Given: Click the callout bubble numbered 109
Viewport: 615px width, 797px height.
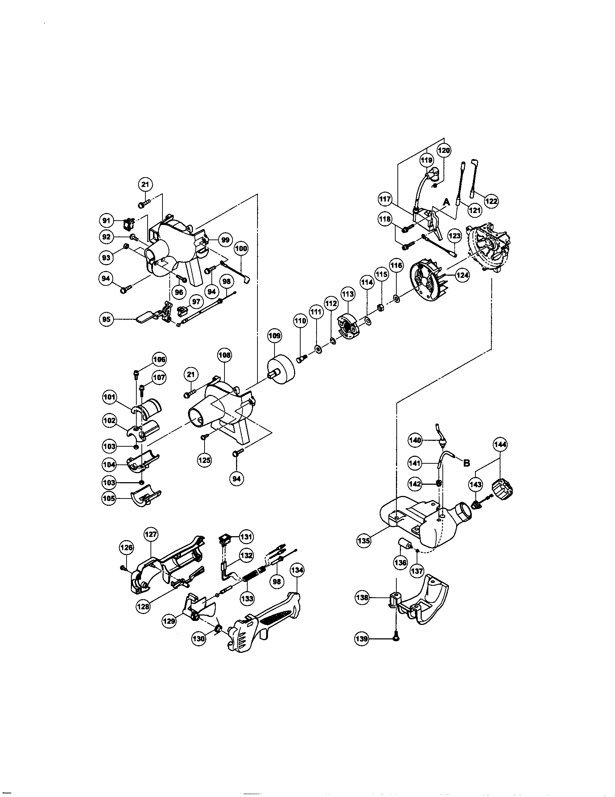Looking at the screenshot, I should (x=274, y=336).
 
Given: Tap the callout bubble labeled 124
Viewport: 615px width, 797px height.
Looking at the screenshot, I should (x=462, y=275).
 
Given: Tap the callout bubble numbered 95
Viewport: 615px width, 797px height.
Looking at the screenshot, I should (x=106, y=320).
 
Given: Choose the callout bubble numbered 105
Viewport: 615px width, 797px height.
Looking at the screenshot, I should (x=109, y=499).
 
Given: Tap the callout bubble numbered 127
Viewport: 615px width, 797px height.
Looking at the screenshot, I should (x=151, y=535).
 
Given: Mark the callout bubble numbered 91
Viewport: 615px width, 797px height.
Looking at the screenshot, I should (x=106, y=220).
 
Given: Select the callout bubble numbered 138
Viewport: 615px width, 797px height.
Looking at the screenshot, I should (x=362, y=598).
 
